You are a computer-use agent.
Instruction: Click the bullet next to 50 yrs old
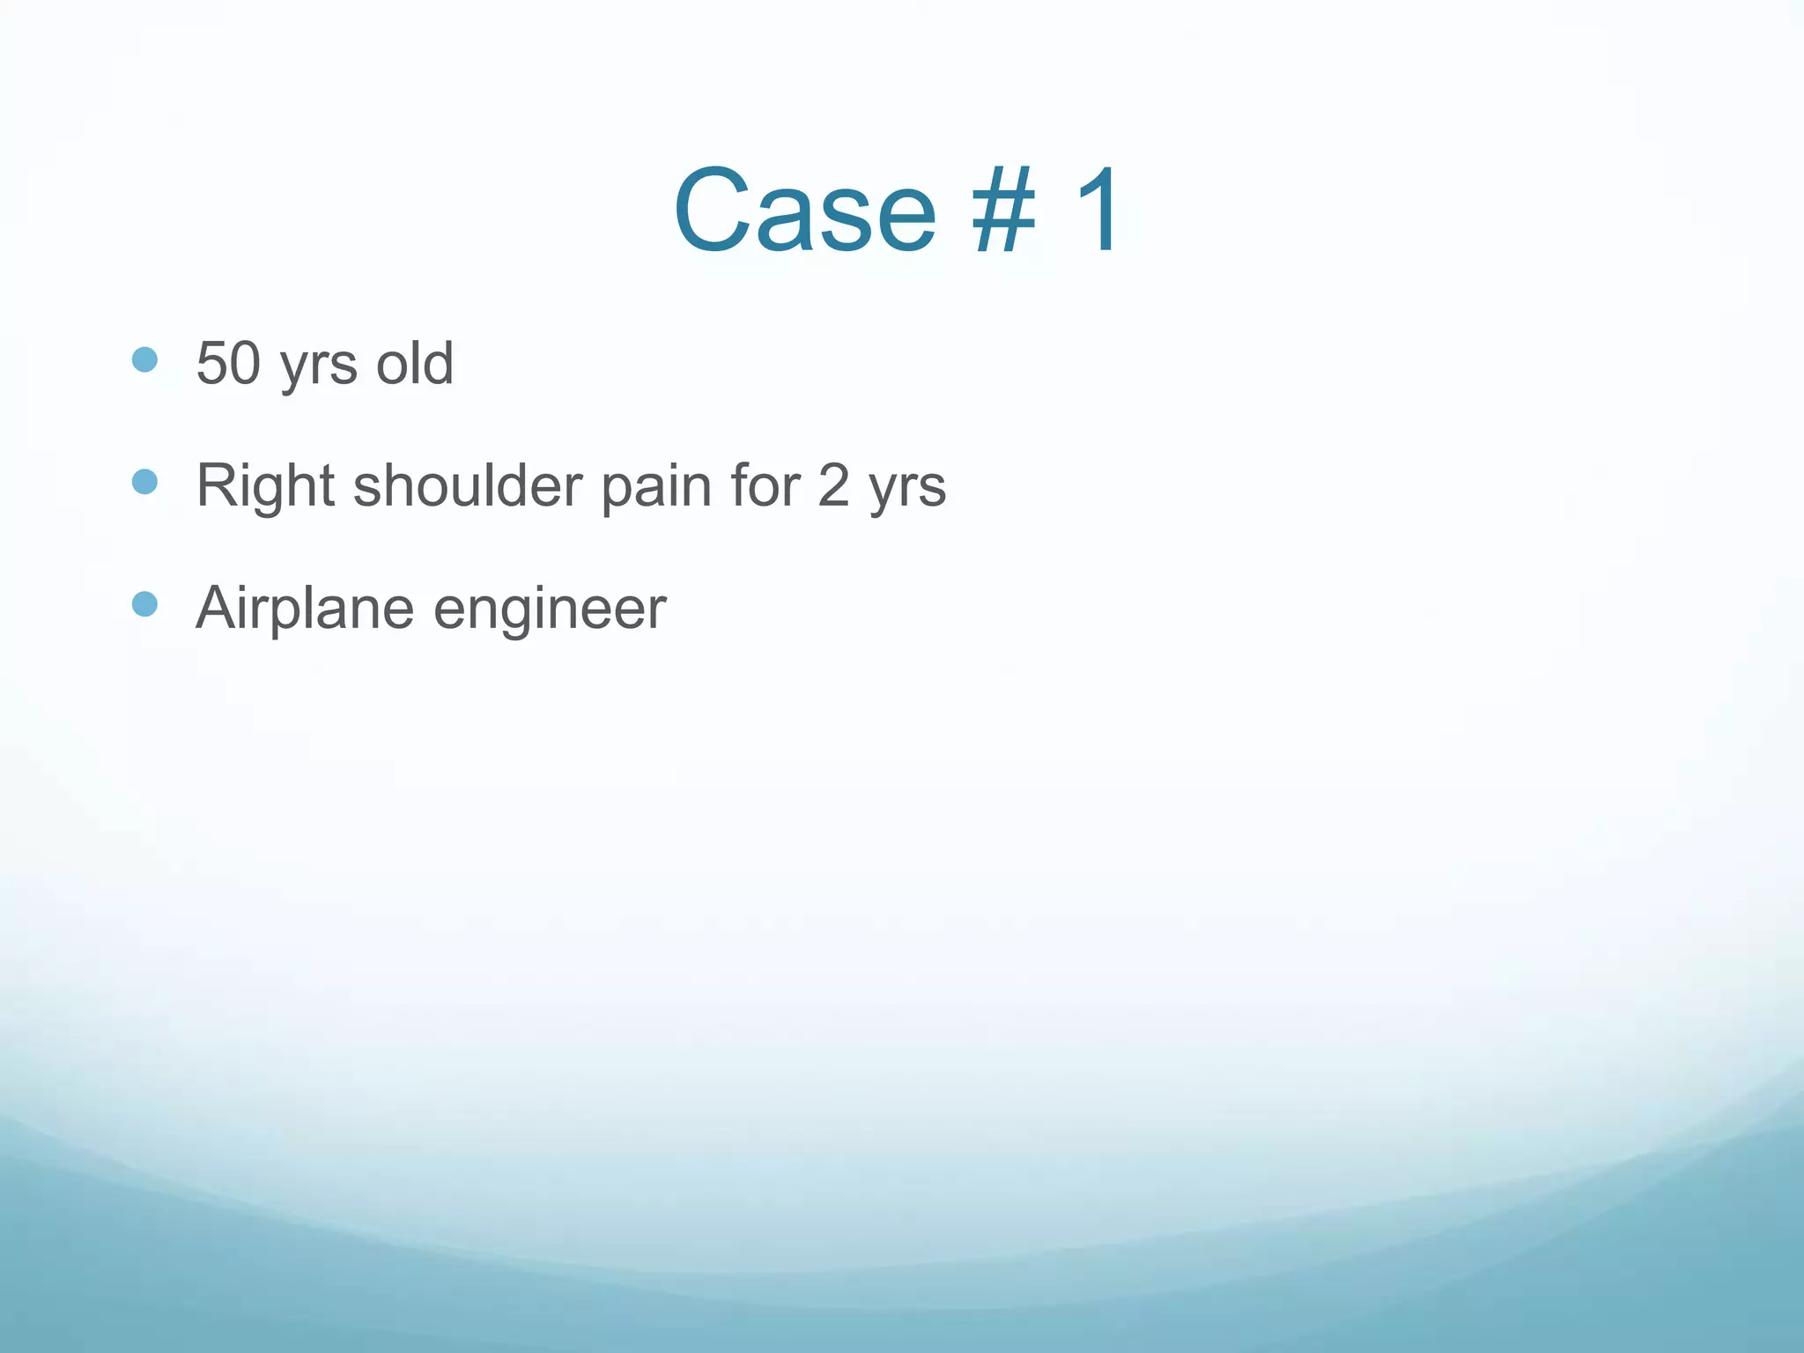click(x=144, y=359)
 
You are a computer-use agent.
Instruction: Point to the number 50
click(x=228, y=363)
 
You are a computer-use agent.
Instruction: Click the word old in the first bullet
click(x=415, y=363)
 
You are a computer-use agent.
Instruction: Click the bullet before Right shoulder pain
click(x=144, y=482)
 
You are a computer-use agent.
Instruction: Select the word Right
click(x=265, y=485)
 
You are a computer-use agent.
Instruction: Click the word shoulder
click(x=468, y=485)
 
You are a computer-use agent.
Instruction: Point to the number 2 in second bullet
click(x=833, y=485)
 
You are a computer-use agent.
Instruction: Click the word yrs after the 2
click(x=907, y=490)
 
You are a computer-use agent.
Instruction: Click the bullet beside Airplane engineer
click(x=144, y=604)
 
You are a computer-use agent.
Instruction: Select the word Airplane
click(x=305, y=608)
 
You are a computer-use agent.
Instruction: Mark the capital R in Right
click(x=216, y=485)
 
